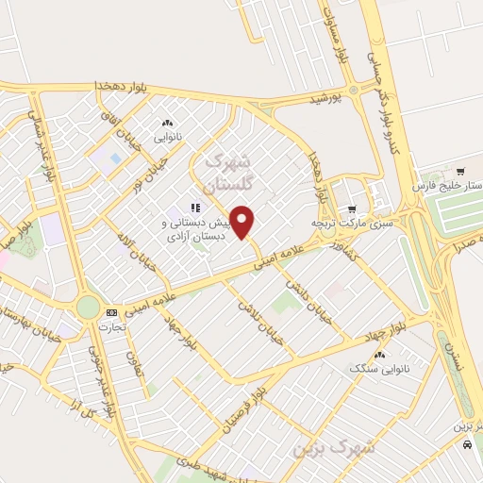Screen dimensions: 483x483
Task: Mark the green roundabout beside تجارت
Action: pos(88,307)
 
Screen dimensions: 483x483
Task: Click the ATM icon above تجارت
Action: pos(112,311)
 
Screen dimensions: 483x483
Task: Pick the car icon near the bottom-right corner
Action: pos(468,448)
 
